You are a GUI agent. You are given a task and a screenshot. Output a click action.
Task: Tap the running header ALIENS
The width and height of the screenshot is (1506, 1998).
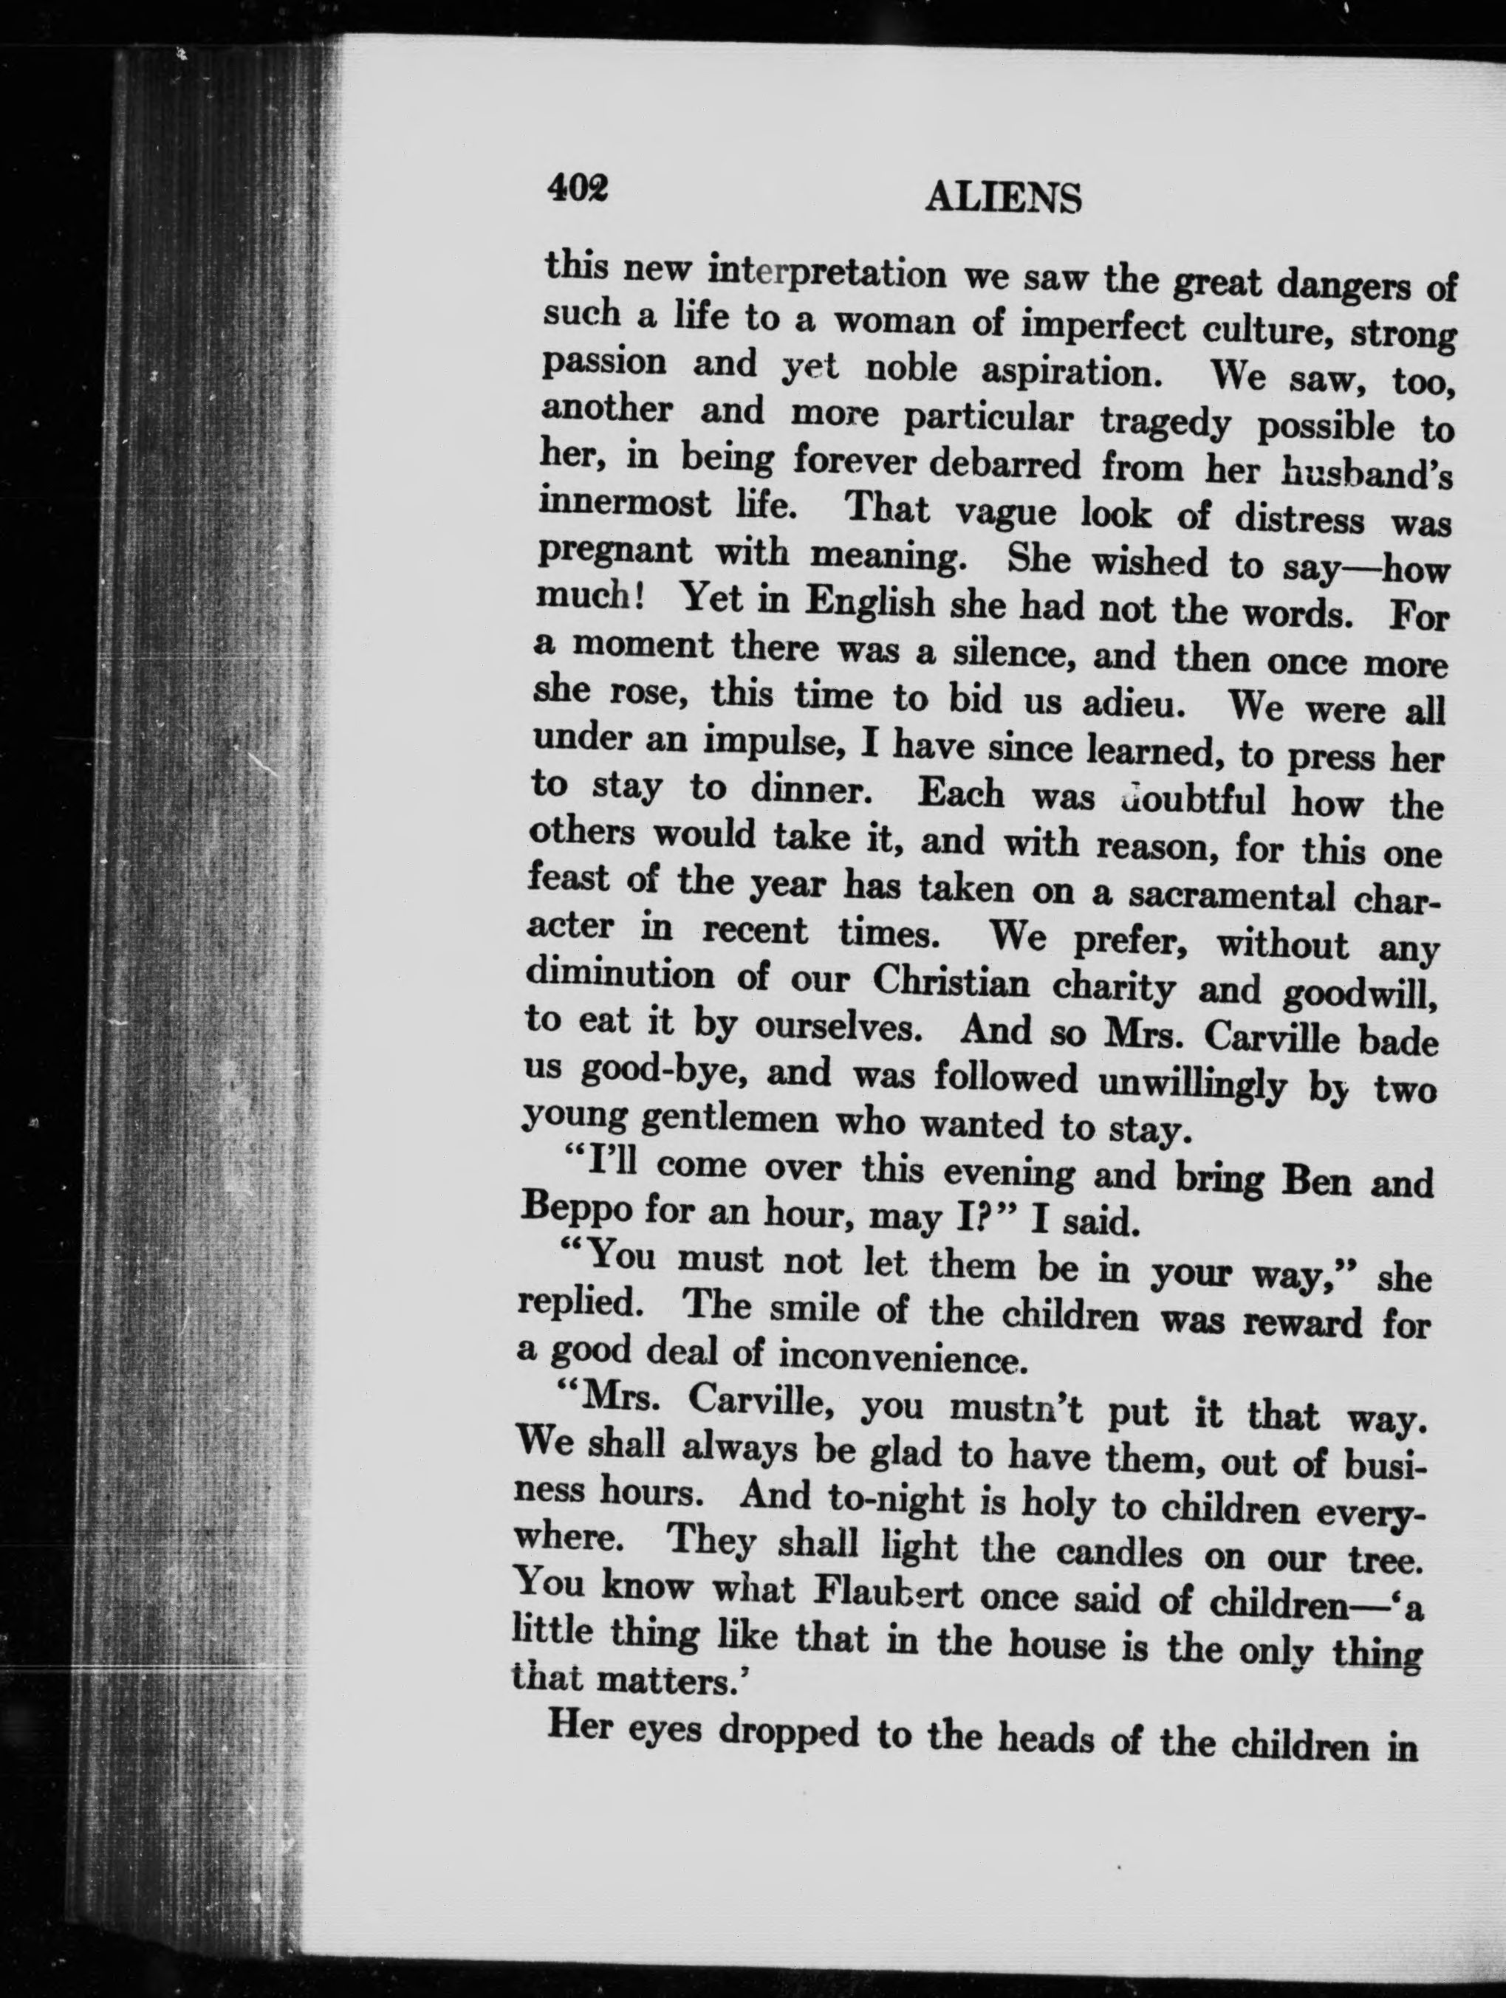coord(1003,198)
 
